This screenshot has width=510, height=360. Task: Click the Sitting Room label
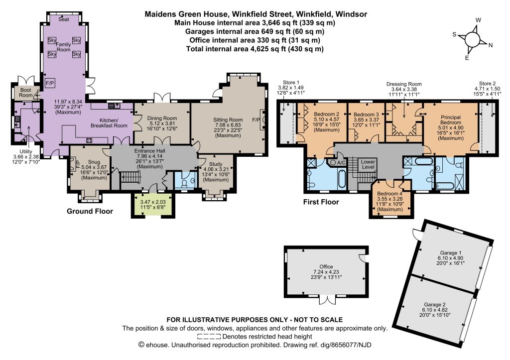pyautogui.click(x=228, y=120)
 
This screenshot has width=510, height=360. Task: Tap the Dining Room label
pyautogui.click(x=162, y=119)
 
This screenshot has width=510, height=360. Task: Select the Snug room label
pyautogui.click(x=94, y=162)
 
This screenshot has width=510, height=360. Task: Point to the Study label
pyautogui.click(x=216, y=164)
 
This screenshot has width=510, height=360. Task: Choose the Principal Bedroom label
pyautogui.click(x=451, y=120)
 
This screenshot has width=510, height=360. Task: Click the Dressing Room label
pyautogui.click(x=404, y=84)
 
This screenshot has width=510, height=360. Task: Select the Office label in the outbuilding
pyautogui.click(x=326, y=267)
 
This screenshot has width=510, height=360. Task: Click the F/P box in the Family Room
pyautogui.click(x=50, y=83)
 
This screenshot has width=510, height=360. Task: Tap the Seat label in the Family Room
pyautogui.click(x=64, y=19)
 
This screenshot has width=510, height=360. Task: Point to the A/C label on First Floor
pyautogui.click(x=341, y=162)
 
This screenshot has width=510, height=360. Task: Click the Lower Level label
pyautogui.click(x=368, y=164)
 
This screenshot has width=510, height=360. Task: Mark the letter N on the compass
pyautogui.click(x=491, y=45)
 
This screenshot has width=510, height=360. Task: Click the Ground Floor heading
pyautogui.click(x=90, y=212)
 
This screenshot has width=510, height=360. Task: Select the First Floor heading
pyautogui.click(x=321, y=202)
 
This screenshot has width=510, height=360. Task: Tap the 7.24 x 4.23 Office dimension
pyautogui.click(x=326, y=272)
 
